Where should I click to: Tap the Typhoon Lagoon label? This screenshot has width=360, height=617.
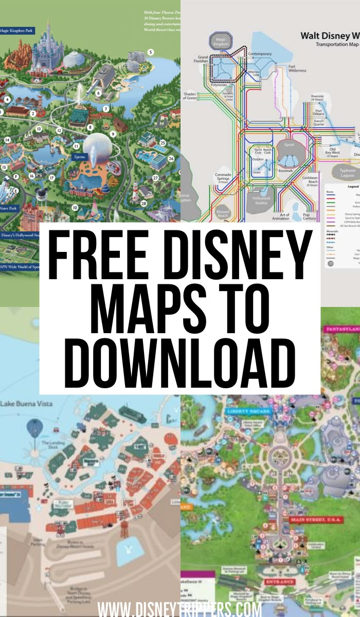pyautogui.click(x=347, y=172)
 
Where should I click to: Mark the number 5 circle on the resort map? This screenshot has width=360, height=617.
pyautogui.click(x=151, y=52)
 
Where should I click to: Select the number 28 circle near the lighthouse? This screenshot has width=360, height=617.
pyautogui.click(x=143, y=204)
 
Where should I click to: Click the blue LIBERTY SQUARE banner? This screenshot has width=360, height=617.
pyautogui.click(x=244, y=412)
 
